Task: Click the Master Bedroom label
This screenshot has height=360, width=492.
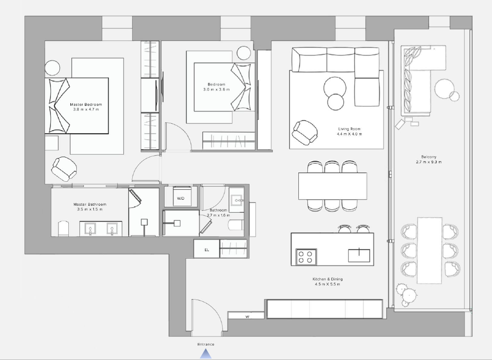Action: coord(86,104)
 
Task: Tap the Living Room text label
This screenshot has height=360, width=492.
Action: coord(349,129)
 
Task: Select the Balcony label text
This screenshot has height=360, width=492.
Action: coord(429,157)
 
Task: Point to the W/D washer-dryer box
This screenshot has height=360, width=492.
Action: coord(181,197)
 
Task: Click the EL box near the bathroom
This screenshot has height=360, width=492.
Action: coord(206,249)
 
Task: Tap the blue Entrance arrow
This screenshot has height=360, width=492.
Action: coord(206,354)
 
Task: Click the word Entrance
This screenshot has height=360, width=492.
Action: coord(206,345)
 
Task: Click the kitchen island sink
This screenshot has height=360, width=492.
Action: coord(359,256)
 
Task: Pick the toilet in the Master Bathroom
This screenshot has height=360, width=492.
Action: coord(63,229)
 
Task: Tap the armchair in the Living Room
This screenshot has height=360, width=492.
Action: coord(305,132)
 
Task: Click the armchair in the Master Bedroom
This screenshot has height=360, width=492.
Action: coord(64,169)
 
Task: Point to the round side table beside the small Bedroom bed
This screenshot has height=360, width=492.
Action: coord(244,53)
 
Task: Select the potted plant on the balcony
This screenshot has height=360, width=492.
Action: coord(407,295)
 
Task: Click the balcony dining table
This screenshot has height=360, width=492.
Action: coord(430,250)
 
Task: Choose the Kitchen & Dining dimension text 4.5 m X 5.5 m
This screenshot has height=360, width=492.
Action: coord(327,285)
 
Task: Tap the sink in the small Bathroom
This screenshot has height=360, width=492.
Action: coord(237,200)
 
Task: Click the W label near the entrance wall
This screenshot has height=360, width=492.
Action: coord(247,317)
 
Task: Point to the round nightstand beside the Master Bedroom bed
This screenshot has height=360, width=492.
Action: coord(52,68)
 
